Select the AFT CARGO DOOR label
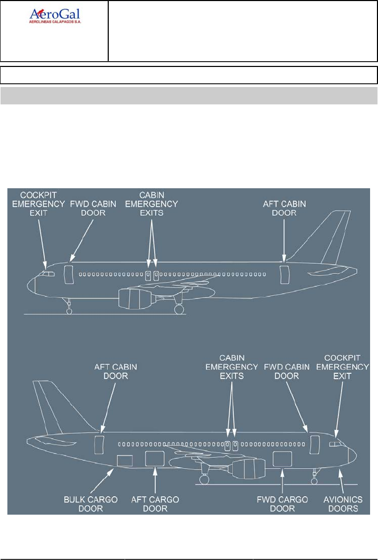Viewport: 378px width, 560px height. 154,504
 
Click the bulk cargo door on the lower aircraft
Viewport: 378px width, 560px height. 124,460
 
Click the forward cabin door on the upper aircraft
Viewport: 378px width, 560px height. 68,275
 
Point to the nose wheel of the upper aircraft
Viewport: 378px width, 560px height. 69,311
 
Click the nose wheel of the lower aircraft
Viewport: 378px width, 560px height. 315,480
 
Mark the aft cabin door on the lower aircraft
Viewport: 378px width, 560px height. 99,444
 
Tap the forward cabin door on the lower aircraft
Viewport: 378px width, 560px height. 315,444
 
